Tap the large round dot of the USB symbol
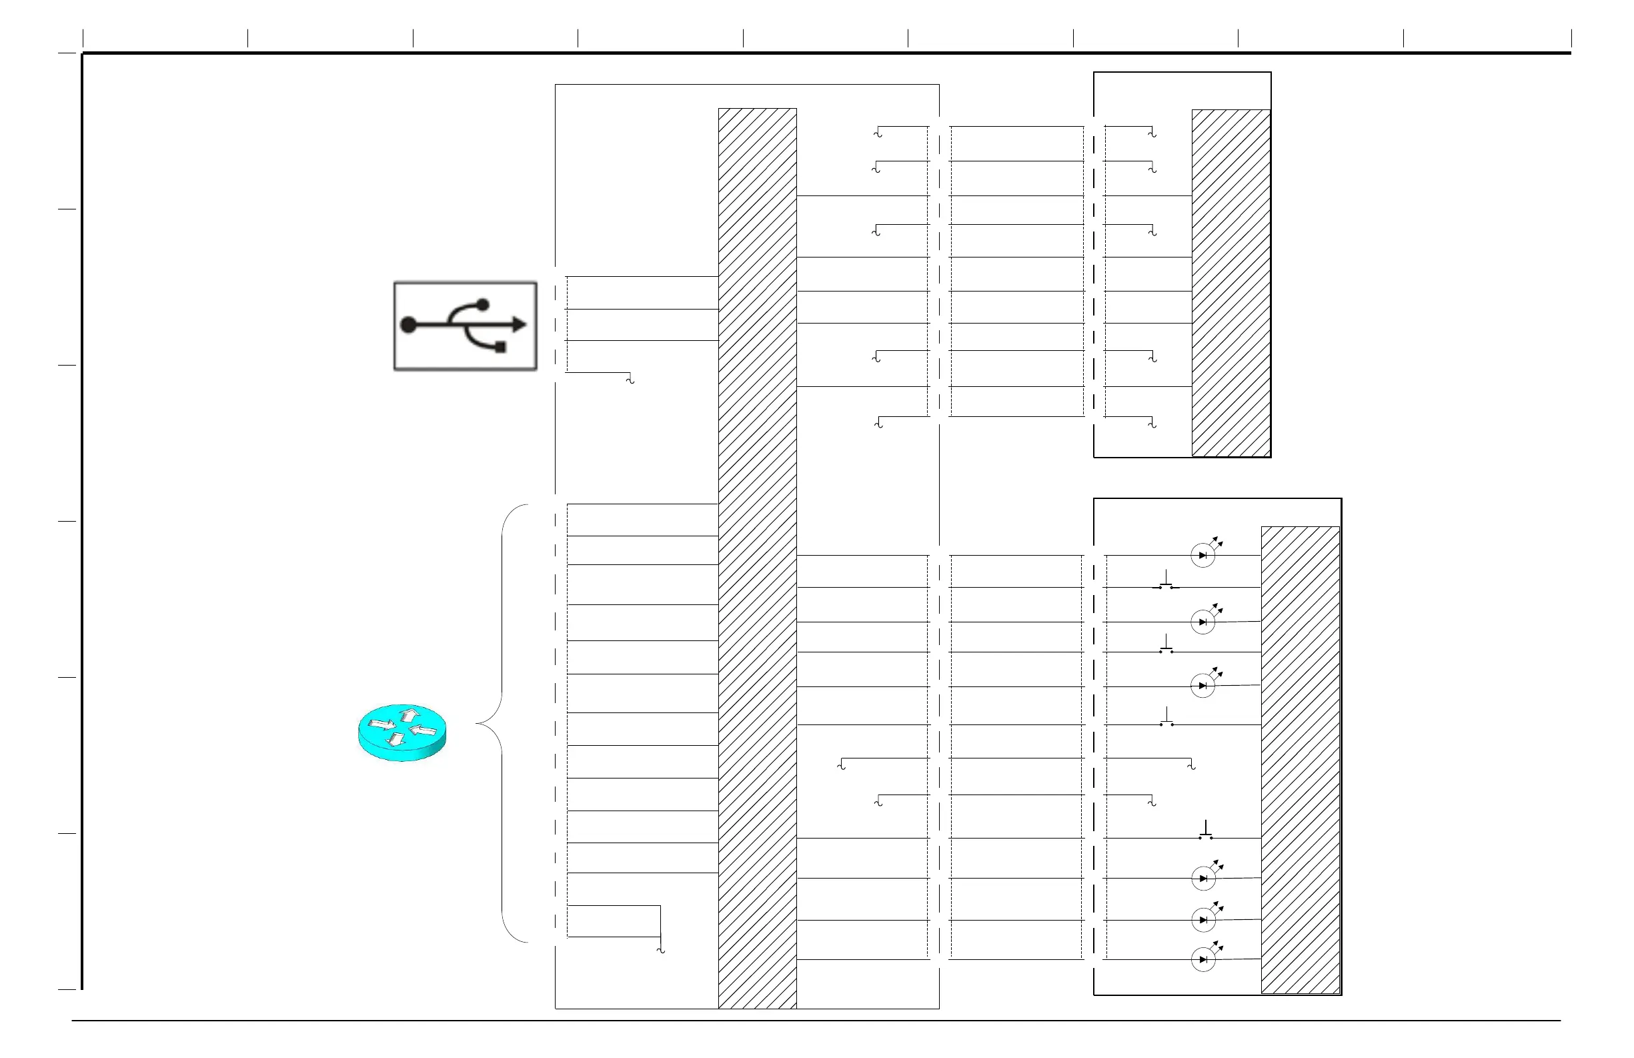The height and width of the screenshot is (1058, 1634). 408,325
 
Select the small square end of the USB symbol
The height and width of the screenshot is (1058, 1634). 500,347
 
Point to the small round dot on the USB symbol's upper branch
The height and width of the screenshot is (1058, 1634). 483,304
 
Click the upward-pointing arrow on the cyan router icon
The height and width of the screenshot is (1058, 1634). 410,714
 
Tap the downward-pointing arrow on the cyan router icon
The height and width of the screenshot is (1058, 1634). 396,739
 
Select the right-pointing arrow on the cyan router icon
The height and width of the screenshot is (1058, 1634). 381,724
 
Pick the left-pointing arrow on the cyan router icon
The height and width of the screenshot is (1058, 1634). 424,730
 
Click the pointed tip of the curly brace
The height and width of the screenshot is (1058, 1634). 477,724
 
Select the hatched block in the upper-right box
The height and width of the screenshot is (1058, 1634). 1231,282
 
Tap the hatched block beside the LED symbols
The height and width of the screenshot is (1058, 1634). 1301,759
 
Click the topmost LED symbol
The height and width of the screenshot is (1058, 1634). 1203,555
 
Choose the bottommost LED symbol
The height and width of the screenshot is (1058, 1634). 1203,959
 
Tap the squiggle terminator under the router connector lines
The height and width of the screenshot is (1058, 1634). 661,950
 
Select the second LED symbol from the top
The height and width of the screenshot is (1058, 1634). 1203,622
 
